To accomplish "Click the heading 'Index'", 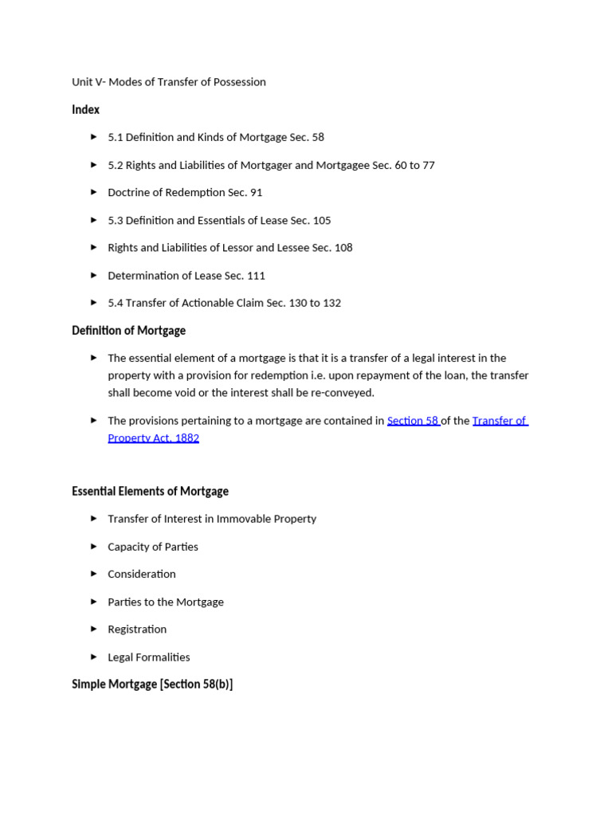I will click(85, 109).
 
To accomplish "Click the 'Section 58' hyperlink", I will click(412, 421).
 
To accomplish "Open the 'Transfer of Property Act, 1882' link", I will click(499, 421).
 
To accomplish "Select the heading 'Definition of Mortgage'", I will click(128, 330).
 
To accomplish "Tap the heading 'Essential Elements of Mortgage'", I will click(150, 491).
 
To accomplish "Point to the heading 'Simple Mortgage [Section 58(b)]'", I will click(152, 684).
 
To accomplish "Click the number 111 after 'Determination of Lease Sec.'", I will click(256, 276).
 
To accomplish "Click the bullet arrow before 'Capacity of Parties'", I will click(94, 546).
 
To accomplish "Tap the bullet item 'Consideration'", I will click(142, 574).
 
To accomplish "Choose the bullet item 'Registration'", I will click(137, 630).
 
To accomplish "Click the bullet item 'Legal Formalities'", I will click(149, 657).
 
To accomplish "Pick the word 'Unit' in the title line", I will click(81, 82).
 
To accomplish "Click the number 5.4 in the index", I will click(116, 303).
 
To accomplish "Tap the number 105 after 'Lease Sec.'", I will click(321, 221).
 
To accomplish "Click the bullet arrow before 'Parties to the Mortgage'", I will click(94, 602).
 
